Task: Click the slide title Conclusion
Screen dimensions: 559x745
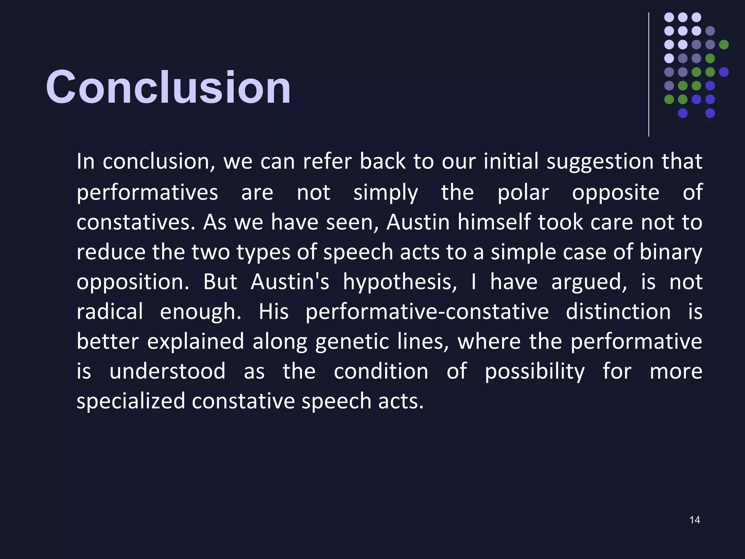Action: (168, 87)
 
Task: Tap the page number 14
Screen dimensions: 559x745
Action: (694, 520)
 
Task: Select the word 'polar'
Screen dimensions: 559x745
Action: (523, 193)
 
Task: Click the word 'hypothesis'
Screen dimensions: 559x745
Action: (399, 282)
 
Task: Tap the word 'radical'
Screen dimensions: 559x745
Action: (110, 312)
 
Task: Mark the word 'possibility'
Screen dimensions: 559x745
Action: (535, 372)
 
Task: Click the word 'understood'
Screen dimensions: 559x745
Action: (167, 372)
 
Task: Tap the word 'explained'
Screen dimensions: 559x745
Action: (196, 342)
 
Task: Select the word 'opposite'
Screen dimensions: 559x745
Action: (615, 193)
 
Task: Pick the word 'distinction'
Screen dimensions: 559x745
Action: (618, 312)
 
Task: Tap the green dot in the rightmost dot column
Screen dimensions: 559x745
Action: (724, 44)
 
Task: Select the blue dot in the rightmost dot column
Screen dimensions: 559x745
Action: (724, 72)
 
